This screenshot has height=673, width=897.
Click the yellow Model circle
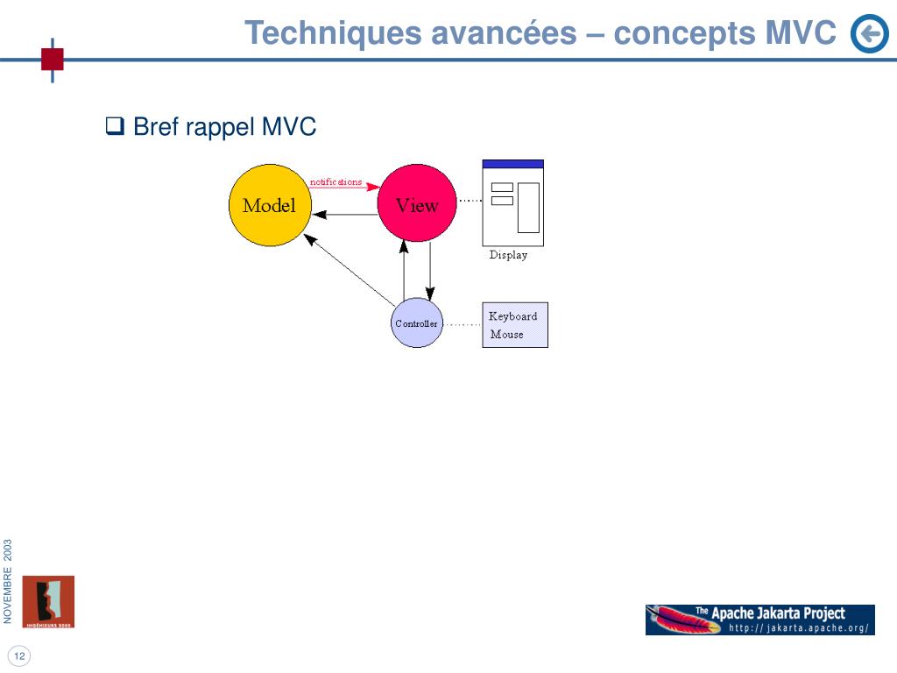[x=268, y=206]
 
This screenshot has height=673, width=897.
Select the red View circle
[x=417, y=202]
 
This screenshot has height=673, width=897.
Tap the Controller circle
[x=416, y=322]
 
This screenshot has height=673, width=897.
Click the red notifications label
[x=335, y=182]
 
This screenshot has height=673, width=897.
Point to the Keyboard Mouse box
[x=515, y=325]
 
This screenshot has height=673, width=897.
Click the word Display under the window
[x=508, y=255]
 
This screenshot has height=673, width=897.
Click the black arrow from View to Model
[x=345, y=214]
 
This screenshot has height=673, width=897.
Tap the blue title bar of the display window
[x=513, y=164]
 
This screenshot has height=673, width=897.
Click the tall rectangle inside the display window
[x=528, y=208]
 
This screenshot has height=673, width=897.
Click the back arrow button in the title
[x=869, y=34]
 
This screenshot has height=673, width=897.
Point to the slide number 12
[x=18, y=656]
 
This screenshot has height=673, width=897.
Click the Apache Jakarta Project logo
[x=759, y=620]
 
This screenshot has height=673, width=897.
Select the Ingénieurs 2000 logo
[x=48, y=602]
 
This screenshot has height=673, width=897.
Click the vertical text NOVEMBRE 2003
[x=7, y=583]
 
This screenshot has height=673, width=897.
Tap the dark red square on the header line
[x=53, y=59]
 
